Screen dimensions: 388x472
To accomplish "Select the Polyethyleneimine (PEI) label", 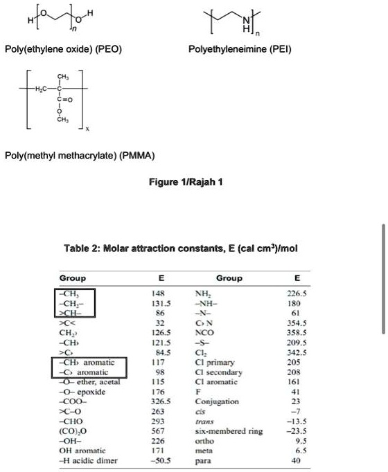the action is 240,51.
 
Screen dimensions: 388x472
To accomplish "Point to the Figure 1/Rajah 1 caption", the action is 186,181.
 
